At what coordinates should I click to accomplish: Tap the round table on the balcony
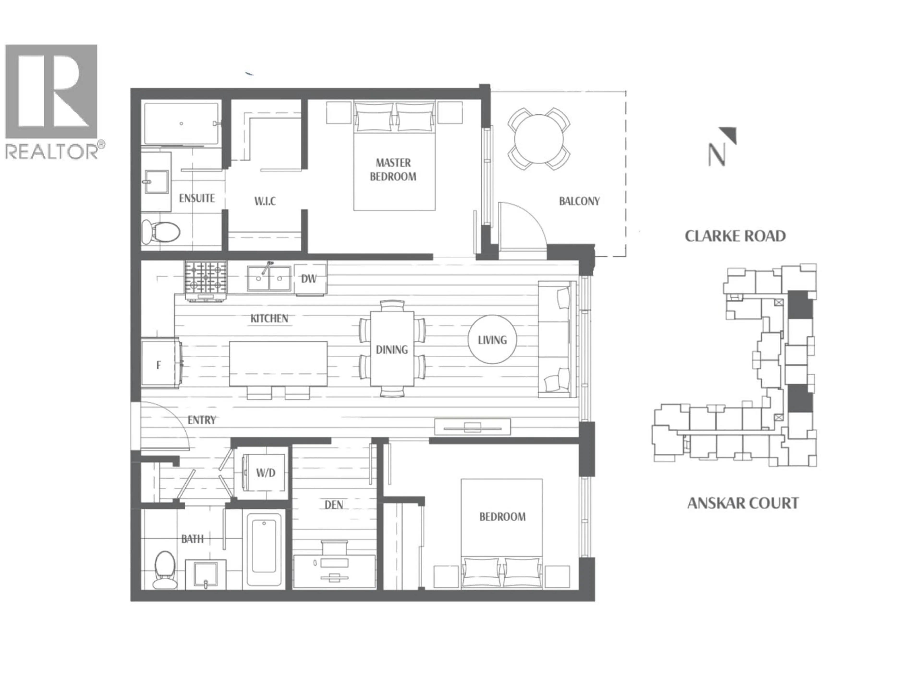click(x=539, y=139)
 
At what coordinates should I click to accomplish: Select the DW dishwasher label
click(x=309, y=279)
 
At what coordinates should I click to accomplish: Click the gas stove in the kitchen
click(x=206, y=277)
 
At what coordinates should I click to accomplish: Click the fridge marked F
click(x=159, y=365)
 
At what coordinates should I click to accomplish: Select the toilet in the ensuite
click(x=160, y=231)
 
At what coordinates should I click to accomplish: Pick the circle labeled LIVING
click(x=492, y=340)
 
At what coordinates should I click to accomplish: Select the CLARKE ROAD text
click(x=735, y=236)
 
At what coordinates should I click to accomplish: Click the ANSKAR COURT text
click(x=743, y=503)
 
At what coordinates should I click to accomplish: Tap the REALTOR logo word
click(x=52, y=151)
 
